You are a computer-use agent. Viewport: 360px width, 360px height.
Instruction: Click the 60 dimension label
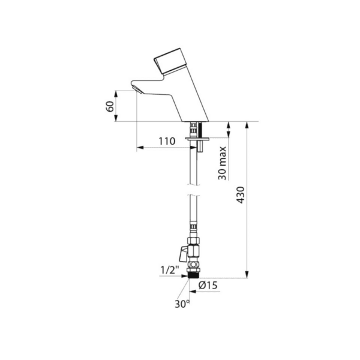click(x=110, y=106)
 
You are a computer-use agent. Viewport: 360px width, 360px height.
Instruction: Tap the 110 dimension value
click(x=167, y=141)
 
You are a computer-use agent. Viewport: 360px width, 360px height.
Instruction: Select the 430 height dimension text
click(x=241, y=195)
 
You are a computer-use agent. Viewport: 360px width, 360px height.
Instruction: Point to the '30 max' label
click(x=222, y=163)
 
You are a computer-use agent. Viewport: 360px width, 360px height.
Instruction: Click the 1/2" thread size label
click(x=169, y=270)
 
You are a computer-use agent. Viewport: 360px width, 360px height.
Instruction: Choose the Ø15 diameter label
click(x=208, y=286)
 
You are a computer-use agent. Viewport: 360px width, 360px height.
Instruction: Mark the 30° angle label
click(x=182, y=304)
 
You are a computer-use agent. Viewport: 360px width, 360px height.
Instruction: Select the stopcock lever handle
click(x=184, y=254)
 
